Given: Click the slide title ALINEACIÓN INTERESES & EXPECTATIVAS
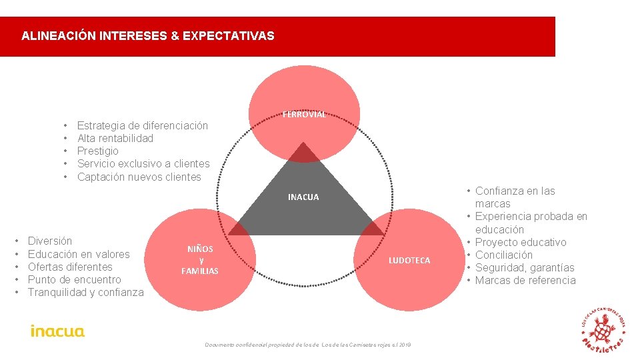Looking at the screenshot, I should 147,36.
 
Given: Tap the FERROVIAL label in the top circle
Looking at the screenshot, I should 304,114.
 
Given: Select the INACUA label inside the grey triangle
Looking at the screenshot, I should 303,197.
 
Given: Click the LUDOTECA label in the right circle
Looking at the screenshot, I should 409,260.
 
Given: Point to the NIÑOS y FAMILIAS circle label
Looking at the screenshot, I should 200,260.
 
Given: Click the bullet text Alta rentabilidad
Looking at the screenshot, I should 115,138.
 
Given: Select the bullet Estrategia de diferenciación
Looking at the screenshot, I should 143,125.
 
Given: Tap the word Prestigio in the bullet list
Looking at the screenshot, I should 98,151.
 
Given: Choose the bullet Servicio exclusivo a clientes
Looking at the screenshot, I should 143,163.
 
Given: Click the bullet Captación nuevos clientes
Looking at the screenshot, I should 139,177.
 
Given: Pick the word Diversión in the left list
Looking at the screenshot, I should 50,241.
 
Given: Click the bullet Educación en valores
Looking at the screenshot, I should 79,254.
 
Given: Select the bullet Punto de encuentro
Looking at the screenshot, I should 75,279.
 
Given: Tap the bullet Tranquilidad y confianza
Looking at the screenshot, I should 86,292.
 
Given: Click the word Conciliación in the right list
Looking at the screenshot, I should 504,255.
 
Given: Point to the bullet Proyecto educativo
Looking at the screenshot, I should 521,242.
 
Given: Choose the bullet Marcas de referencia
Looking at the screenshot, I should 525,280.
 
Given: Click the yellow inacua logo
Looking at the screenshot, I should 57,331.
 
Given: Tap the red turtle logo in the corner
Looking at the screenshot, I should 603,329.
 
